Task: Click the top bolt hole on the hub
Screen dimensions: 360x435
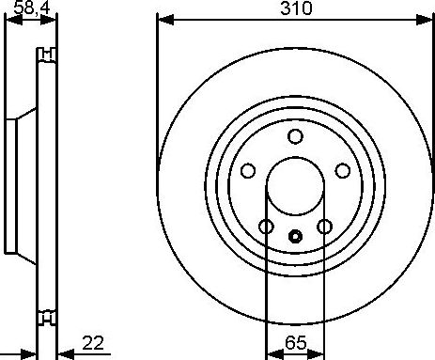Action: coord(295,136)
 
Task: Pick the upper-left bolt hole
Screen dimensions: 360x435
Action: coord(249,170)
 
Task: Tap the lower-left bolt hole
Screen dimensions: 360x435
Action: coord(266,227)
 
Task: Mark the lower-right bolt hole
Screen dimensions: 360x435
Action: coord(325,227)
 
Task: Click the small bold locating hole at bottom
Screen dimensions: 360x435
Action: coord(295,237)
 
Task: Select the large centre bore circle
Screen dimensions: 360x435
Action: coord(295,185)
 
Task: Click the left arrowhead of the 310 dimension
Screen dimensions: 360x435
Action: coord(163,19)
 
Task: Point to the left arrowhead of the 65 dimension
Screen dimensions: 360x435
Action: coord(271,352)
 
